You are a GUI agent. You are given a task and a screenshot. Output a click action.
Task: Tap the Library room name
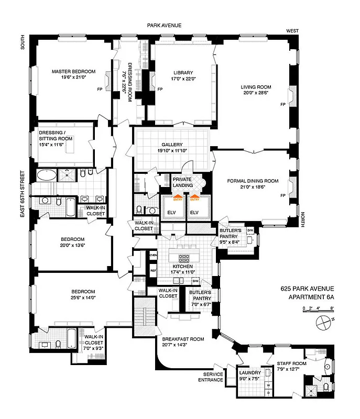[x=183, y=73]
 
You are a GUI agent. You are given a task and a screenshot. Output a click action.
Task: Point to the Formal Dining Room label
[x=253, y=181]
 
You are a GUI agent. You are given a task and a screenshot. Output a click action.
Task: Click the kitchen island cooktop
[x=184, y=258]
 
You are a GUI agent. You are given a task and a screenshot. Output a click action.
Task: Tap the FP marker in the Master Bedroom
[x=100, y=89]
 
